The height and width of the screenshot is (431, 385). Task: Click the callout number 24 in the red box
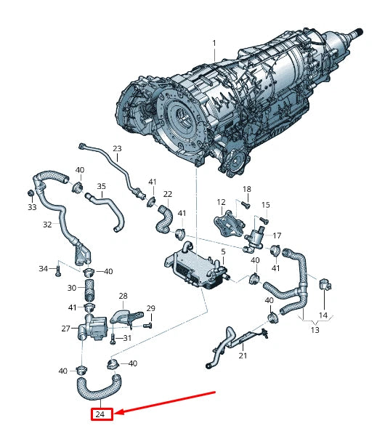(100, 414)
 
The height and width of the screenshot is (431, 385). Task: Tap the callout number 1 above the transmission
(214, 43)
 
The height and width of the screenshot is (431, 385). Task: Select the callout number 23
(117, 149)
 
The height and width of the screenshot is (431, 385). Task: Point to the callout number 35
(102, 186)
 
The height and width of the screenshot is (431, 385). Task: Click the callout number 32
(47, 225)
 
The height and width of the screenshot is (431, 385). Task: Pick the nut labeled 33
(31, 193)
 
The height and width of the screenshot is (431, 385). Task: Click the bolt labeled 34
(57, 272)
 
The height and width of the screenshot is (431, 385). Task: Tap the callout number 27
(66, 329)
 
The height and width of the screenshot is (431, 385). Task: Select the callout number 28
(123, 296)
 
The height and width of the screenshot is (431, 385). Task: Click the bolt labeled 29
(148, 326)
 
